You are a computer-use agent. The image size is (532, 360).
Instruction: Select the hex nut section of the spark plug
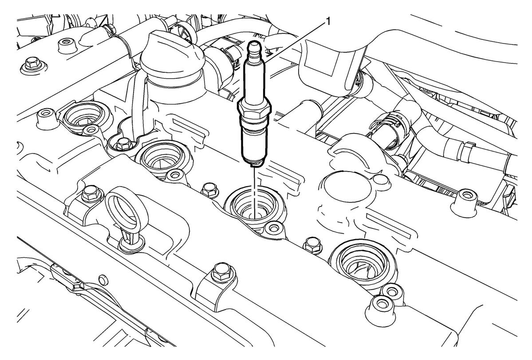tap(255, 109)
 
